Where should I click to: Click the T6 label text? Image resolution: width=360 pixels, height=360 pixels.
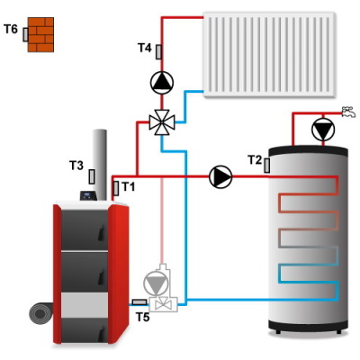[x=11, y=30]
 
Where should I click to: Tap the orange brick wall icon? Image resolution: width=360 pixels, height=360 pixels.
[x=40, y=34]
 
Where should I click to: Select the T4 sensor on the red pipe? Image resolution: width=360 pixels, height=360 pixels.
[x=158, y=52]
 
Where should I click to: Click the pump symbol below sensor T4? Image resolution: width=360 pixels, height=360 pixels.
[x=162, y=82]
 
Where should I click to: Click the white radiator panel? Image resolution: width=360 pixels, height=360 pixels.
[x=269, y=55]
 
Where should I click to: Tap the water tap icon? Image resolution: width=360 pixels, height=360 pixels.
[x=349, y=112]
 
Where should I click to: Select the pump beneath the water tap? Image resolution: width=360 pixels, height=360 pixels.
[x=323, y=130]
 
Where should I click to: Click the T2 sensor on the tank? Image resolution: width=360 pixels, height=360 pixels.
[x=266, y=166]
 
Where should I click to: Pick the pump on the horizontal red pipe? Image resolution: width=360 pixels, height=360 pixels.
[x=220, y=176]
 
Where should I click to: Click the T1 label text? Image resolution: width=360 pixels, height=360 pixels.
[x=129, y=187]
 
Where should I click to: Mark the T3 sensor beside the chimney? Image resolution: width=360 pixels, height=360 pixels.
[x=92, y=176]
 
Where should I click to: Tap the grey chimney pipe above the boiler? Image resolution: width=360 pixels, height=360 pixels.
[x=100, y=165]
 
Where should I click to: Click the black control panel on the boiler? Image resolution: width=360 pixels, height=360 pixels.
[x=88, y=195]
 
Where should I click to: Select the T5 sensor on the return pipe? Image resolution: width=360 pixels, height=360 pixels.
[x=139, y=302]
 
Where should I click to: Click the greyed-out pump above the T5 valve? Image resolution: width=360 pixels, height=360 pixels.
[x=156, y=283]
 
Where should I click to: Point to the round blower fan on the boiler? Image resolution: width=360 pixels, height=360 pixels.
[x=41, y=314]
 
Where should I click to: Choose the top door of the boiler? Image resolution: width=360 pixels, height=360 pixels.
[x=85, y=229]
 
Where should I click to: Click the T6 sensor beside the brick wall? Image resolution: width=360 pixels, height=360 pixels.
[x=25, y=34]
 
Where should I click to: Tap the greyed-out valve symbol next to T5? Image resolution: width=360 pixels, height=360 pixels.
[x=162, y=305]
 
